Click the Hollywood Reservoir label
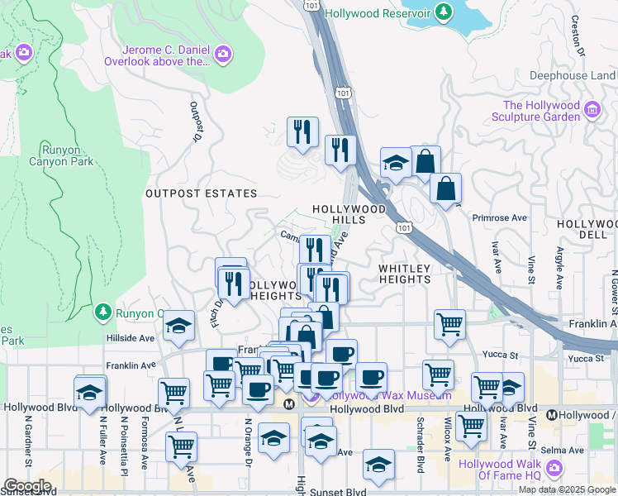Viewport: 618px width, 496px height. (x=378, y=13)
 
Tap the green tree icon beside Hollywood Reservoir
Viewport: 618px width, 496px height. (x=444, y=12)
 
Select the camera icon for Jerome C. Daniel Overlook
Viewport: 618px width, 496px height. (x=222, y=55)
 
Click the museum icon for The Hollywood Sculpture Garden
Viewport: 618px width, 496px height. (x=592, y=110)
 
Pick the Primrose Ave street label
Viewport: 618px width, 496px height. (x=499, y=218)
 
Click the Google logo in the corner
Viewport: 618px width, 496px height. (x=26, y=486)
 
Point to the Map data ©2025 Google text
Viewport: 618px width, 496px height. (x=567, y=489)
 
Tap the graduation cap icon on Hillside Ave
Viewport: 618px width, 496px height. (x=178, y=327)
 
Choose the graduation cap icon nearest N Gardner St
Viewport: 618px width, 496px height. (x=90, y=392)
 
